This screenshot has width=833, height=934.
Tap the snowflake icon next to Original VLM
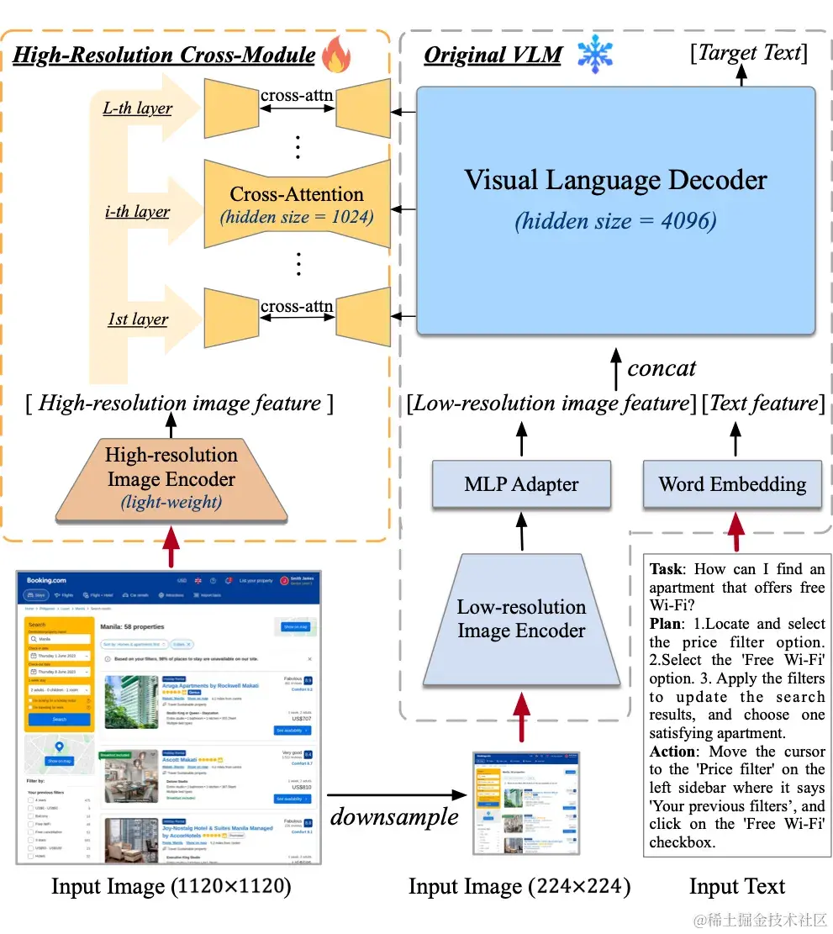tap(595, 55)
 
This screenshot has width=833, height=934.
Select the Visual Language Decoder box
tap(615, 210)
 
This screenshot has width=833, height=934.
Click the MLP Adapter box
tap(521, 484)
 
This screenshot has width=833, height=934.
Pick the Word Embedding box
tap(732, 484)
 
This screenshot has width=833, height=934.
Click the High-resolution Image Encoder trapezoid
tap(171, 478)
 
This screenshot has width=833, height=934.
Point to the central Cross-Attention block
tap(297, 203)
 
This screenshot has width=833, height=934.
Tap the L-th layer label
tap(138, 108)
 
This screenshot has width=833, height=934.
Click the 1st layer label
tap(137, 319)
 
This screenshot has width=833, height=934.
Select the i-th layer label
tap(137, 212)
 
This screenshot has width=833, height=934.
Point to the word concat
tap(662, 368)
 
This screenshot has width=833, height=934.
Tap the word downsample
tap(394, 816)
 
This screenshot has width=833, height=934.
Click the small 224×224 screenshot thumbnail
tap(526, 802)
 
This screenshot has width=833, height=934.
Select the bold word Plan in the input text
tap(667, 624)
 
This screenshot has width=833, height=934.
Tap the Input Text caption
tap(737, 886)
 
